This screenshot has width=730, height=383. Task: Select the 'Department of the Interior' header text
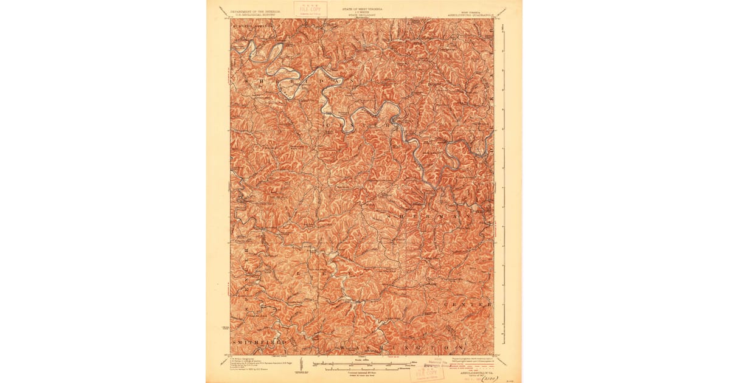click(x=251, y=10)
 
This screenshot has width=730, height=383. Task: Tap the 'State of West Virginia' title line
click(x=363, y=9)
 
